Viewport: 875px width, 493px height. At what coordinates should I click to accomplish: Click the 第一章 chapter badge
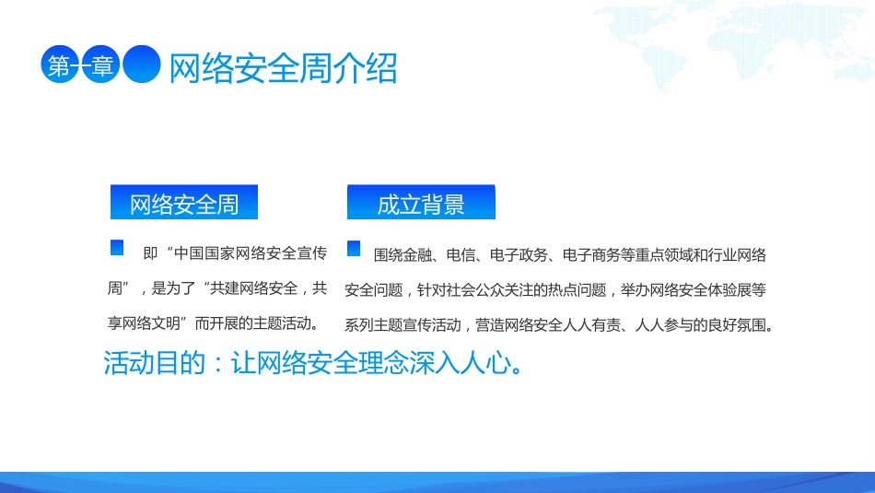[x=80, y=65]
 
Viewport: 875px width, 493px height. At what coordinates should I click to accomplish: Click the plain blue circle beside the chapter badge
[x=143, y=65]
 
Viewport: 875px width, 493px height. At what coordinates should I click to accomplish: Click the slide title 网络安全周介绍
[x=283, y=67]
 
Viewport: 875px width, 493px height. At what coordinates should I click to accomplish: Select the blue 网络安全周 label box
[x=184, y=204]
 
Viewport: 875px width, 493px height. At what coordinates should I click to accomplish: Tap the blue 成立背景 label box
[x=421, y=204]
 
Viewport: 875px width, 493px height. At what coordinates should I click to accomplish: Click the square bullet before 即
[x=117, y=248]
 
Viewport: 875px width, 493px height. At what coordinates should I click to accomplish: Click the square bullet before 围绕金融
[x=354, y=248]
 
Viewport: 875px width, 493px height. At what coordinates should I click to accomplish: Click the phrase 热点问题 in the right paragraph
[x=577, y=290]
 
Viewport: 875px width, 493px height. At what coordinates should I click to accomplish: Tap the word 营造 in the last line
[x=491, y=325]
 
